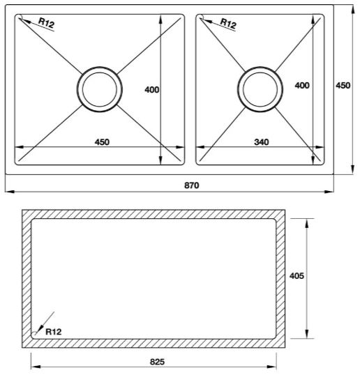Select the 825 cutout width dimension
coord(157,362)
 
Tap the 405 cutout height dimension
coord(297,276)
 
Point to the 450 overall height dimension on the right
coord(343,85)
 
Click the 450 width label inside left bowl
coord(102,142)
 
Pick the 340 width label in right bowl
coord(262,142)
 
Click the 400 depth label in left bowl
coord(151,89)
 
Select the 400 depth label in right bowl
coord(301,85)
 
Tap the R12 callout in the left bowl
coord(46,24)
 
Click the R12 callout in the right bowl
coord(228,24)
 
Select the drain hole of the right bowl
coord(261,88)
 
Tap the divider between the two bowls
coord(190,89)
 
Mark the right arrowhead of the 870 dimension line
coord(331,192)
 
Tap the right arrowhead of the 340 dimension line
coord(320,147)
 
